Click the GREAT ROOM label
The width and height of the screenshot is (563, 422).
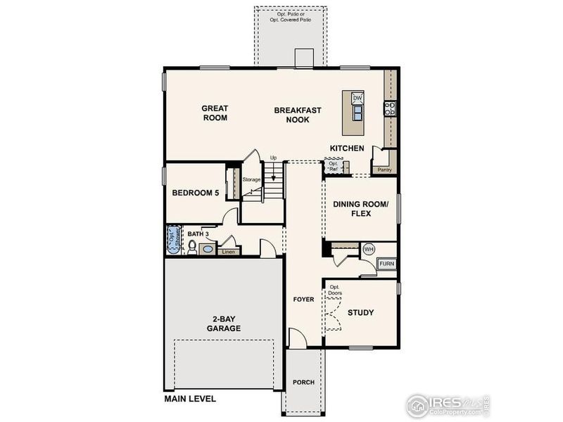click(215, 113)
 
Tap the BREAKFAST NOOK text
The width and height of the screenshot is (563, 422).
click(298, 115)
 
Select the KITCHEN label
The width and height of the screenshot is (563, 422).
click(347, 148)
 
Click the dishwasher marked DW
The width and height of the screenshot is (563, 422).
click(357, 98)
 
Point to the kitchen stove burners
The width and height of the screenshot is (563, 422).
click(389, 108)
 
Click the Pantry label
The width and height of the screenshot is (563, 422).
click(384, 170)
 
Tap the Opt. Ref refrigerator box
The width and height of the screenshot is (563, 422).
click(334, 167)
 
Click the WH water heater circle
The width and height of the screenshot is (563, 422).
click(369, 249)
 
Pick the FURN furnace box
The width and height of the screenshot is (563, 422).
click(387, 264)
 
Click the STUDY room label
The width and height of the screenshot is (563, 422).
click(360, 312)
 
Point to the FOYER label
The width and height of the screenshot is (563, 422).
click(303, 300)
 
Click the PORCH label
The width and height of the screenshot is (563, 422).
click(303, 383)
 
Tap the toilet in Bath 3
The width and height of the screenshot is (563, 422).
click(191, 246)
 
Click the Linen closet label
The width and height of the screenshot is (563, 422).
click(227, 251)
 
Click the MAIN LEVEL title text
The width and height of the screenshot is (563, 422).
click(190, 399)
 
